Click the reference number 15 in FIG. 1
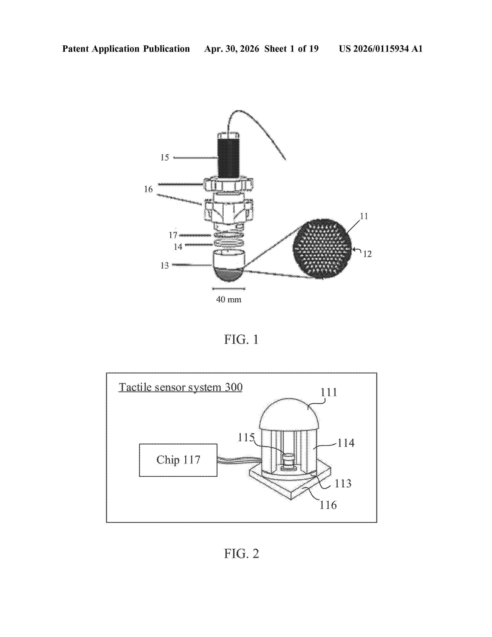(165, 158)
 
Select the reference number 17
(173, 235)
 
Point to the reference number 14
(178, 247)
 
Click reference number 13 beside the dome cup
(165, 265)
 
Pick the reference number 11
(364, 216)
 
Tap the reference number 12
(367, 254)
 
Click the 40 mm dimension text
(229, 300)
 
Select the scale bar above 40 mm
(229, 289)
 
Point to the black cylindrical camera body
(229, 158)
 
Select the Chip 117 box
(178, 460)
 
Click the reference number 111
(329, 392)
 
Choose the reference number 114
(346, 443)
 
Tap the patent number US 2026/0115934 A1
(381, 49)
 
